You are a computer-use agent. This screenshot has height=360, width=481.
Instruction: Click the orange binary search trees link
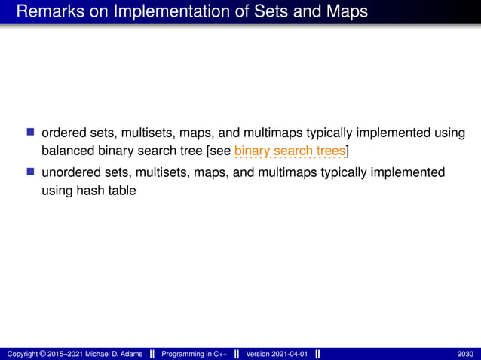[290, 151]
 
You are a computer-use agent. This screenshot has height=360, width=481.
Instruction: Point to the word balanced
[66, 151]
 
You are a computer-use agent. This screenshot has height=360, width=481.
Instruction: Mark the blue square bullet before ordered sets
[31, 133]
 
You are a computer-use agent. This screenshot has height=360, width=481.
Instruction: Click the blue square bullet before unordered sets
[31, 172]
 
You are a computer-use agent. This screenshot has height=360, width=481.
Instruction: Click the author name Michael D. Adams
[111, 353]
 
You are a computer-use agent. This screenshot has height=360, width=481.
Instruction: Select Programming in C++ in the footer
[195, 353]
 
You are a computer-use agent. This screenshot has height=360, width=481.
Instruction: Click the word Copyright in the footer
[22, 353]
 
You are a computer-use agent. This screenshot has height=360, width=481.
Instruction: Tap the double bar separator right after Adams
[152, 353]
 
